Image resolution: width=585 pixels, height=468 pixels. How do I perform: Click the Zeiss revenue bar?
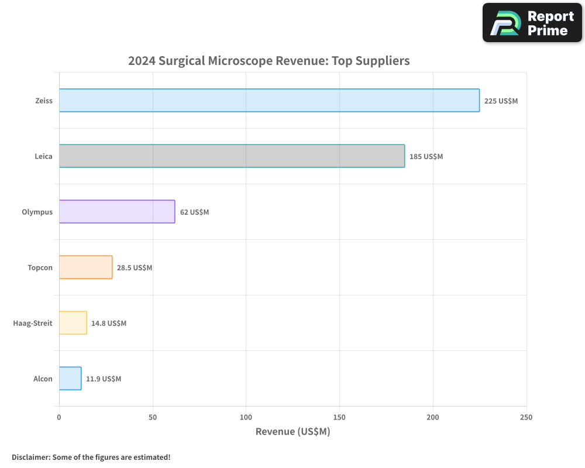[x=269, y=101]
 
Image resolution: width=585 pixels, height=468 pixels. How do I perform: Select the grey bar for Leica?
[x=232, y=156]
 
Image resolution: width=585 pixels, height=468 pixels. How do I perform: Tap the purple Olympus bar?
[x=117, y=212]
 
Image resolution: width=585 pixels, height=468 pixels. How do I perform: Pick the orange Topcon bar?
[x=85, y=267]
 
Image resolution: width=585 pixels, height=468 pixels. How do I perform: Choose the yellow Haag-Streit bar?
[x=73, y=323]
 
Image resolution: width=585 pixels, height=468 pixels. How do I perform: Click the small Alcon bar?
[x=70, y=378]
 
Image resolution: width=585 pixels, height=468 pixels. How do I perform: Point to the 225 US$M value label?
[x=501, y=101]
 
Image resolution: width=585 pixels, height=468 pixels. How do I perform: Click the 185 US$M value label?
[x=426, y=156]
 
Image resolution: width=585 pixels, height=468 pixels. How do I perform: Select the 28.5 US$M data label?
[x=135, y=267]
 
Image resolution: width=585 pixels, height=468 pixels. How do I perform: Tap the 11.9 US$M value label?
[x=104, y=378]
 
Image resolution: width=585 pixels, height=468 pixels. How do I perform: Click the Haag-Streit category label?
[x=33, y=323]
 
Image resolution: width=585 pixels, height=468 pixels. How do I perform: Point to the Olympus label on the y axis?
[x=37, y=212]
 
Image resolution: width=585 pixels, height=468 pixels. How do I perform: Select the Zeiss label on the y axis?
[x=43, y=101]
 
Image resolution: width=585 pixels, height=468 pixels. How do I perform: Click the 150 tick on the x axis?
[x=339, y=417]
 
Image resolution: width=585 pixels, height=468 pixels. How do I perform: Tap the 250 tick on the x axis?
[x=526, y=417]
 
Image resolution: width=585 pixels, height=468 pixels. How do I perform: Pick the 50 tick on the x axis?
[x=153, y=417]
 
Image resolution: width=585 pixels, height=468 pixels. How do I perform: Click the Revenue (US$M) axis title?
[x=292, y=432]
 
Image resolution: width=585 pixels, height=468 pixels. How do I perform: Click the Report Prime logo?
[x=532, y=23]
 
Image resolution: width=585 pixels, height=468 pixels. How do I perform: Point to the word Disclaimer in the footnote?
[x=30, y=457]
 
